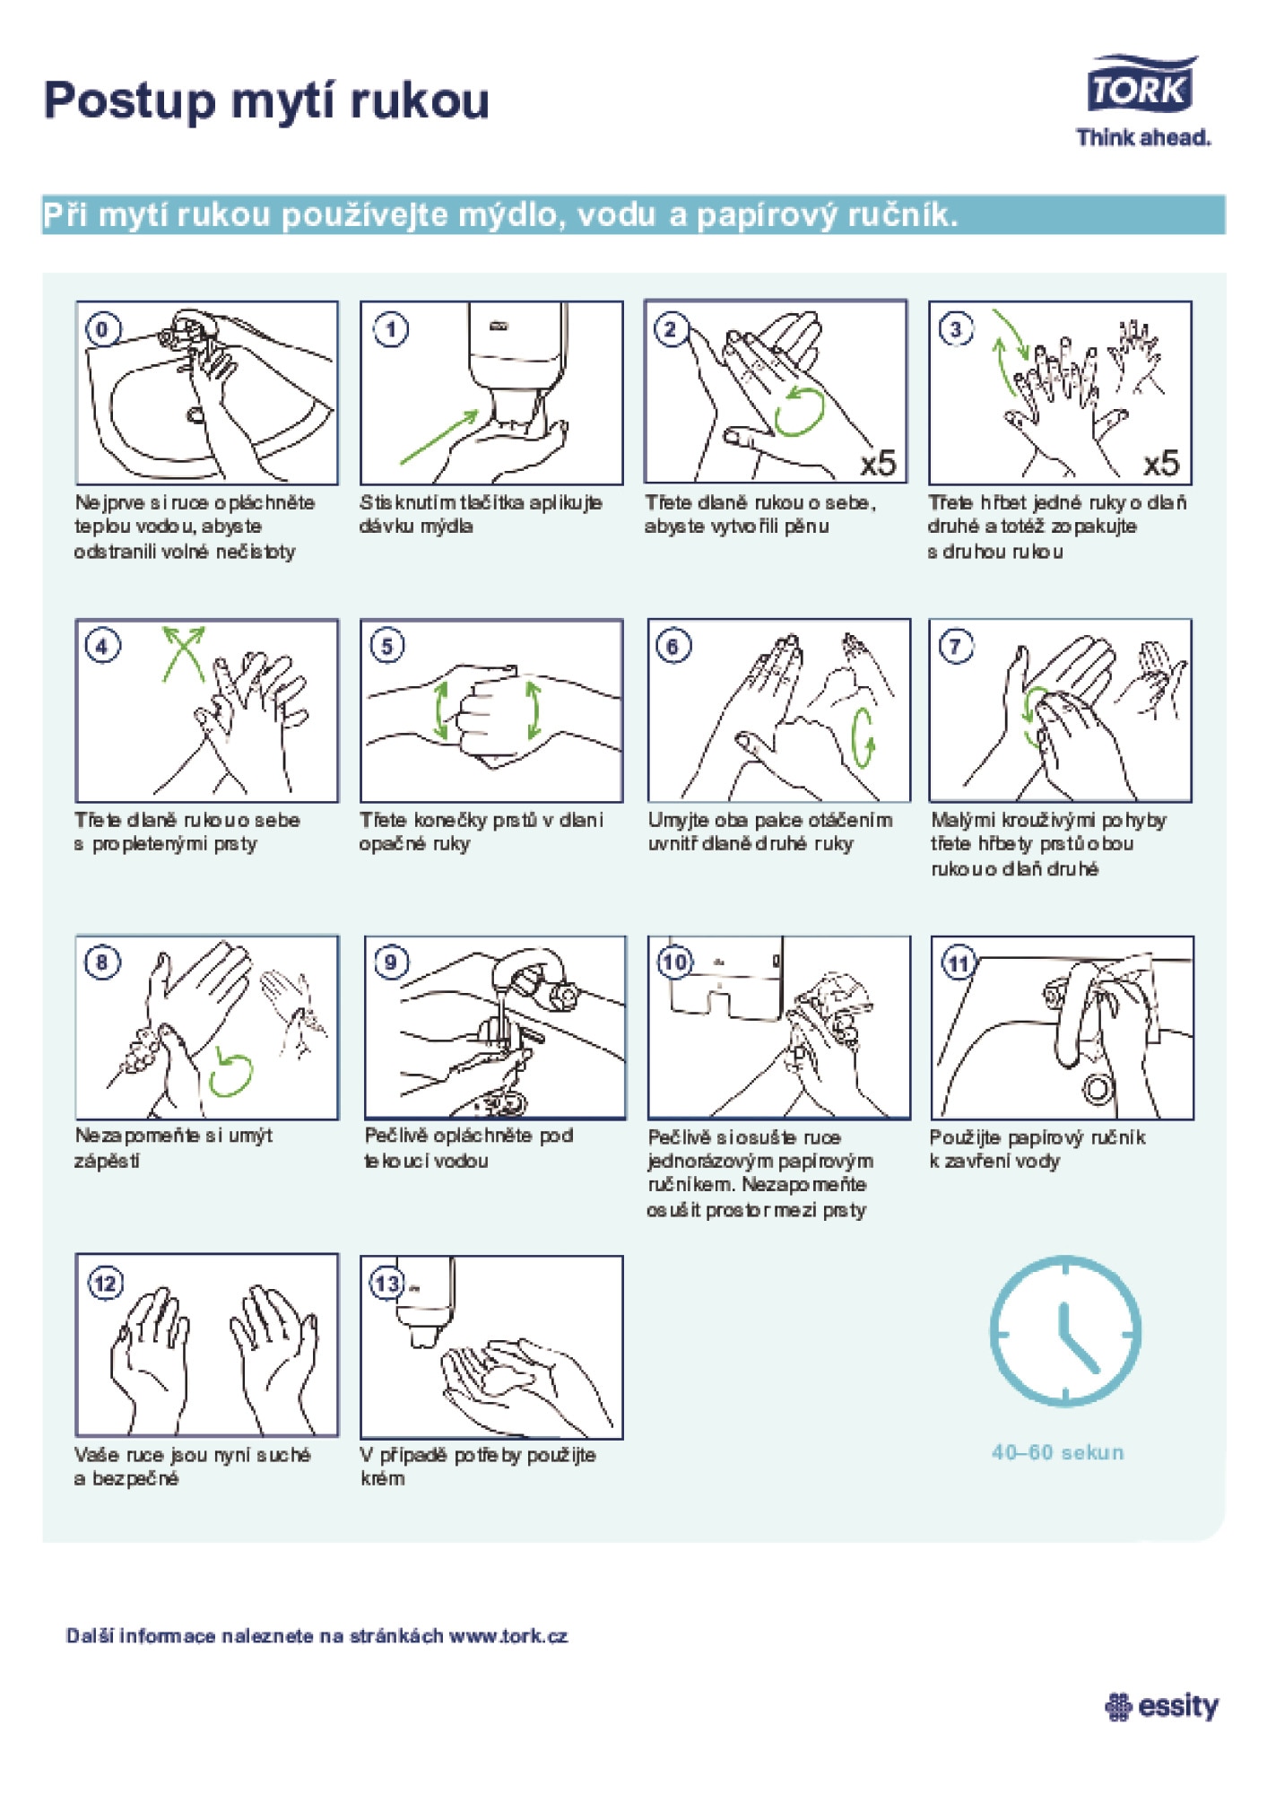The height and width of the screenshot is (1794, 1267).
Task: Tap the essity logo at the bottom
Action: tap(1162, 1706)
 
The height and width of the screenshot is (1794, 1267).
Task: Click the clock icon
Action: tap(1065, 1331)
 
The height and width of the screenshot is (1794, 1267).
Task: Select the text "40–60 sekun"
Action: tap(1057, 1452)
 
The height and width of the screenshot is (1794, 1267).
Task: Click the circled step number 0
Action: tap(102, 329)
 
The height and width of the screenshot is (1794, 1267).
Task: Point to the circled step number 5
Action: tap(387, 646)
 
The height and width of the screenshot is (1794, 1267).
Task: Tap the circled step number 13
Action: tap(387, 1284)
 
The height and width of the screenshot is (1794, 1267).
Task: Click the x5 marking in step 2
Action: tap(879, 463)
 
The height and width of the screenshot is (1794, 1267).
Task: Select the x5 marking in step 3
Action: tap(1162, 463)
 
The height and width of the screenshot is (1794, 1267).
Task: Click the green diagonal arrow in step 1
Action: tap(439, 438)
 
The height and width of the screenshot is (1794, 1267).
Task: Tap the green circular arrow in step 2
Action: tap(799, 412)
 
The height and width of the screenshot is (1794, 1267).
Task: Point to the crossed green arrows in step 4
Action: tap(183, 653)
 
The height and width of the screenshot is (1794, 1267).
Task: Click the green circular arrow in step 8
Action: tap(230, 1073)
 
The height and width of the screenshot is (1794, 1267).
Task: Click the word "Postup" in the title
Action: tap(130, 101)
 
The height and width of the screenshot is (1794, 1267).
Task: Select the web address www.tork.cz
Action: tap(508, 1635)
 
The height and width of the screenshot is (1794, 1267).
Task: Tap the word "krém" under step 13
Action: tap(383, 1478)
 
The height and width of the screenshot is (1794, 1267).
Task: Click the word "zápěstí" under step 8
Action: tap(107, 1162)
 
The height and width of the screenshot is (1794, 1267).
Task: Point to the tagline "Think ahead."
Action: tap(1143, 137)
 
